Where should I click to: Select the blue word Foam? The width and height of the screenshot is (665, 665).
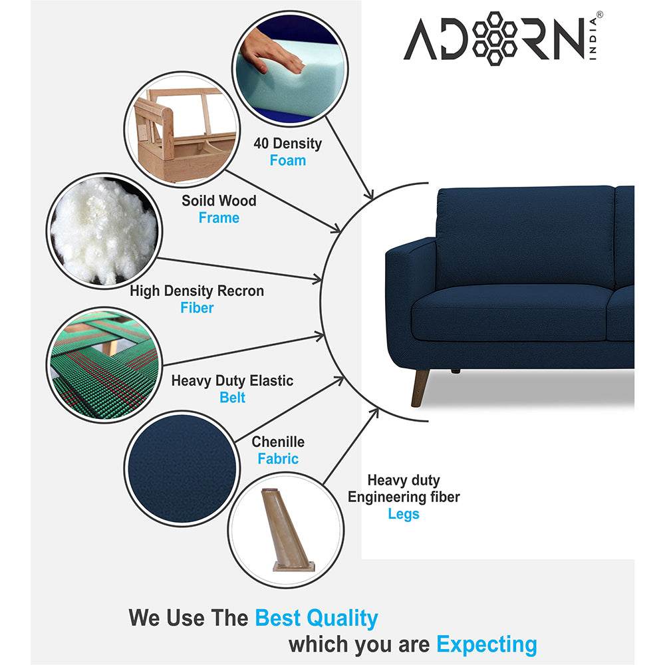[288, 160]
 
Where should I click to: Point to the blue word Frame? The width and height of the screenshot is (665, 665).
[219, 217]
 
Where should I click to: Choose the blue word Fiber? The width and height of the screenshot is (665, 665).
[197, 308]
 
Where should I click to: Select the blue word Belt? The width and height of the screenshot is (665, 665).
[233, 398]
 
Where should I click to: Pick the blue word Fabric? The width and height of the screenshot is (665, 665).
[278, 459]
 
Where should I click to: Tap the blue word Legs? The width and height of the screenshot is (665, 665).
[404, 514]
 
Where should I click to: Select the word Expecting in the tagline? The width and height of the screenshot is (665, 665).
[486, 644]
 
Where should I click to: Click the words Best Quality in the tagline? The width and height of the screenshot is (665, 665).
[317, 618]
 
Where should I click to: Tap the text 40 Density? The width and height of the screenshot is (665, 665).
[287, 143]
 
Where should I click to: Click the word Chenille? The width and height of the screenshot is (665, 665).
[278, 442]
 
